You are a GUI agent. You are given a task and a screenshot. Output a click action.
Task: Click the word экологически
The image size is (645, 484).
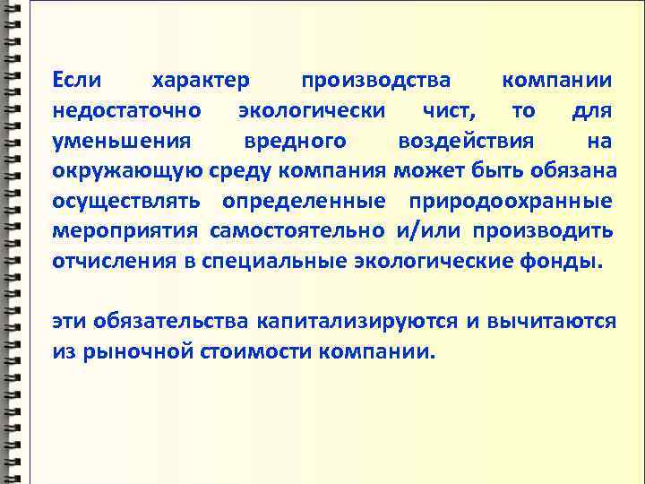[313, 111]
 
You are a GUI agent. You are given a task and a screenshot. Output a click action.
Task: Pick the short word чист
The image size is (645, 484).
[450, 111]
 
